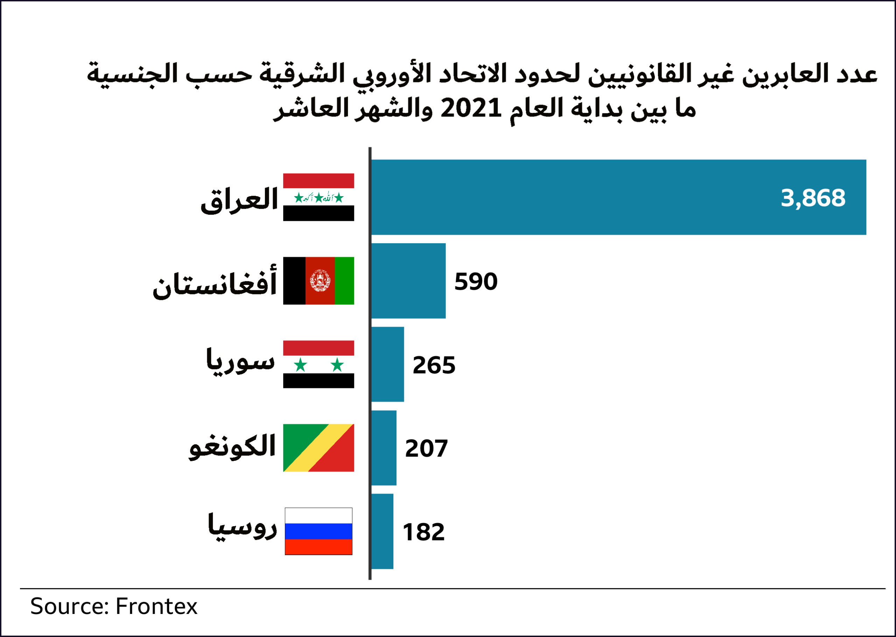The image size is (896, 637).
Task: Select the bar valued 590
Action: pyautogui.click(x=408, y=281)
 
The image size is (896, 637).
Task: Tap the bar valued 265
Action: pyautogui.click(x=387, y=364)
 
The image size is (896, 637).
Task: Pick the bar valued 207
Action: pyautogui.click(x=384, y=448)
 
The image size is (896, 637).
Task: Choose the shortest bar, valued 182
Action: pyautogui.click(x=382, y=531)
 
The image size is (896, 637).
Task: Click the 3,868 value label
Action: pyautogui.click(x=813, y=199)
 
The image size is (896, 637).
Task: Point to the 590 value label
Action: pyautogui.click(x=476, y=282)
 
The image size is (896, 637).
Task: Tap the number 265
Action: pyautogui.click(x=434, y=365)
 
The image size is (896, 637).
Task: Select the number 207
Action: pyautogui.click(x=426, y=449)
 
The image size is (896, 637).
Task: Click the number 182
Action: pyautogui.click(x=423, y=532)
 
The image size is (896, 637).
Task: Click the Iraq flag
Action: pyautogui.click(x=318, y=197)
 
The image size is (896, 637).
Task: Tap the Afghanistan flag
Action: pyautogui.click(x=318, y=281)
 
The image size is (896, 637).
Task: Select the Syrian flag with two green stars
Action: pyautogui.click(x=318, y=364)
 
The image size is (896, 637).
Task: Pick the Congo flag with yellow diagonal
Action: pyautogui.click(x=318, y=448)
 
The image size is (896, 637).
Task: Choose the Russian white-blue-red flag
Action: pyautogui.click(x=318, y=531)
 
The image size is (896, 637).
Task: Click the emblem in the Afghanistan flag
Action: pyautogui.click(x=320, y=281)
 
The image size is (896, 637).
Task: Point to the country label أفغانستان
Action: pyautogui.click(x=215, y=283)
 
